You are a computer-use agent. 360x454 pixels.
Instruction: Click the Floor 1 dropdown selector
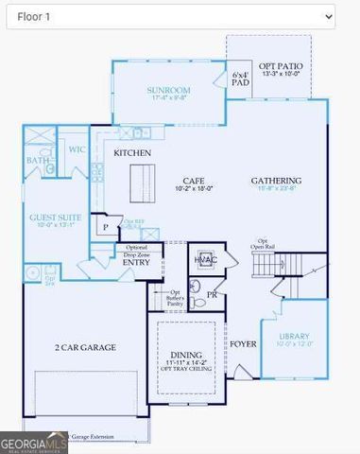click(x=171, y=17)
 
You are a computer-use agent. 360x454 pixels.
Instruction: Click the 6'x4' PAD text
click(x=240, y=79)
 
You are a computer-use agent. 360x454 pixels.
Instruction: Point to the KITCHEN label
click(x=133, y=152)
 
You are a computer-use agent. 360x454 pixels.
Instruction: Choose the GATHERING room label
click(x=276, y=181)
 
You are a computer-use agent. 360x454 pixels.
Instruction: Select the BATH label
click(x=38, y=161)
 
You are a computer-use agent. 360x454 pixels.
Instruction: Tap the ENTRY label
click(x=135, y=262)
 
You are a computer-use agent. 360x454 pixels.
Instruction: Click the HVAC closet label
click(x=205, y=259)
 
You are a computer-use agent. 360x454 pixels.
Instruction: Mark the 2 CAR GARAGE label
click(x=84, y=347)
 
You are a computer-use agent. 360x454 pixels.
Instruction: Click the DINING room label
click(x=185, y=354)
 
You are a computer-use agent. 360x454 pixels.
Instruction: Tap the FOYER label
click(x=244, y=343)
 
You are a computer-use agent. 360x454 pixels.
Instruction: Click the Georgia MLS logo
click(x=34, y=443)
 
